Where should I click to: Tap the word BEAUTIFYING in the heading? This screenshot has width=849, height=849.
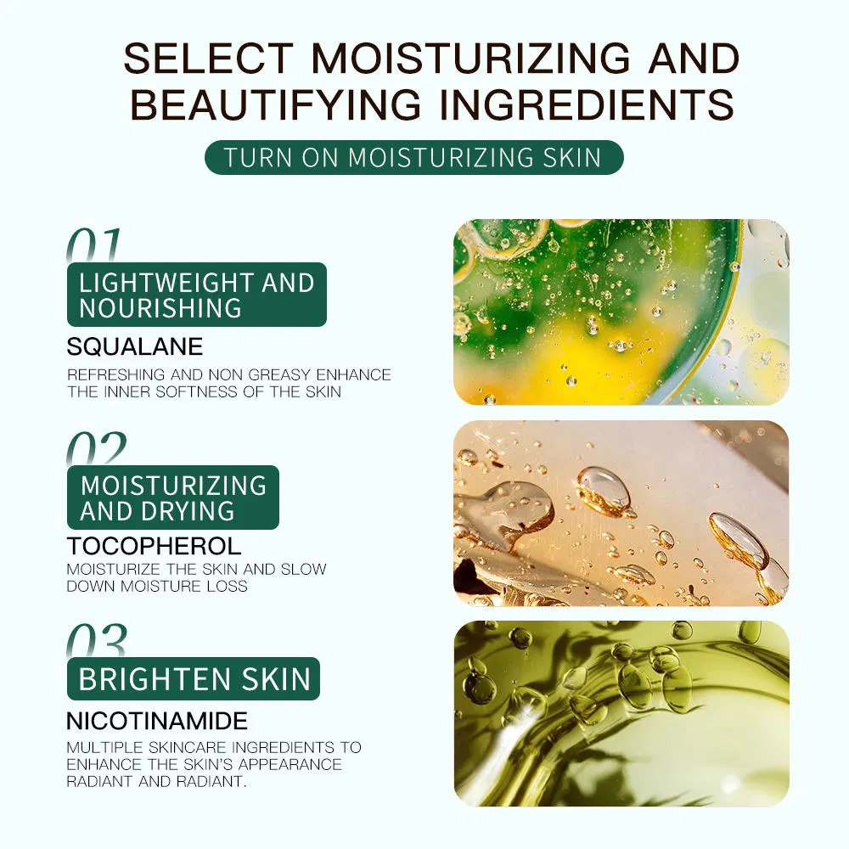point(276,104)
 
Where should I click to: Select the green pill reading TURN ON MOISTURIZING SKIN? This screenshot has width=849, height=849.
point(414,158)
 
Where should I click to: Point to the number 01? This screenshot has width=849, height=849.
point(93,245)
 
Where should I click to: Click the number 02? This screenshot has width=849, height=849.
point(97,448)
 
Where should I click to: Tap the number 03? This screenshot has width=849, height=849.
point(97,640)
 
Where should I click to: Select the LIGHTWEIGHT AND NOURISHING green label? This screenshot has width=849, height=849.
point(197,295)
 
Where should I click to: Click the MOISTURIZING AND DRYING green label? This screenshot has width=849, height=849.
point(172,497)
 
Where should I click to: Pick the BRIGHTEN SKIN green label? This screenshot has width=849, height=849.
point(194,678)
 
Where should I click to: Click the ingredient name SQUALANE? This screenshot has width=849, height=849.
point(135,346)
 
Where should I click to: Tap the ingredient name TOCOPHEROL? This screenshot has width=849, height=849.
point(154,546)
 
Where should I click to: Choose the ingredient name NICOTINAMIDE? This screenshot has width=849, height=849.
point(157,721)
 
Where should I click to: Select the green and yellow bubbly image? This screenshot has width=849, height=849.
point(621,312)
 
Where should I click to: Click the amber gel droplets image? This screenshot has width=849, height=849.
point(621,514)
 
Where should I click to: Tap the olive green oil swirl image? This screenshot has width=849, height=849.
point(621,714)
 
